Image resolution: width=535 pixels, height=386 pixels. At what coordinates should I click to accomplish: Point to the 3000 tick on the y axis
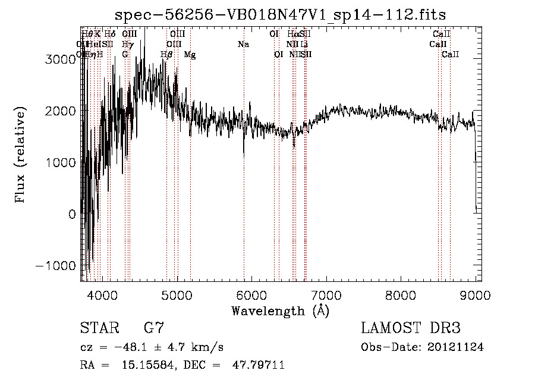[62, 59]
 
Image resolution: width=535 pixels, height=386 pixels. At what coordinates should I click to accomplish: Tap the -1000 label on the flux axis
[56, 265]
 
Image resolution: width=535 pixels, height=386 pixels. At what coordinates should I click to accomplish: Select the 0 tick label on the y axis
[72, 214]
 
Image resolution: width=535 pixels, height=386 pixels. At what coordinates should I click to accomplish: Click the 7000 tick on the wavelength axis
[326, 294]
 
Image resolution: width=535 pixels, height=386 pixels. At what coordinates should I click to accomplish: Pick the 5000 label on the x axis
[177, 294]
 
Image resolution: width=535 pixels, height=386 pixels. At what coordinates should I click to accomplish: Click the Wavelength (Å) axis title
[280, 310]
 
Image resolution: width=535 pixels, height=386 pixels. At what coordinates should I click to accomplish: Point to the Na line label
[243, 44]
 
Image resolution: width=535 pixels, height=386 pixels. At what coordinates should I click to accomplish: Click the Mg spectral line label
[190, 55]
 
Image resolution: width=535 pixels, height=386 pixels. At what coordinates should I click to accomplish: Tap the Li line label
[304, 44]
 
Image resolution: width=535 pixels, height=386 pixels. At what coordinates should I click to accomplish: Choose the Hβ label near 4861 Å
[166, 55]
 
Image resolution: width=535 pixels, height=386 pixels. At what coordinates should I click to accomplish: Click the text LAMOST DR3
[411, 328]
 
